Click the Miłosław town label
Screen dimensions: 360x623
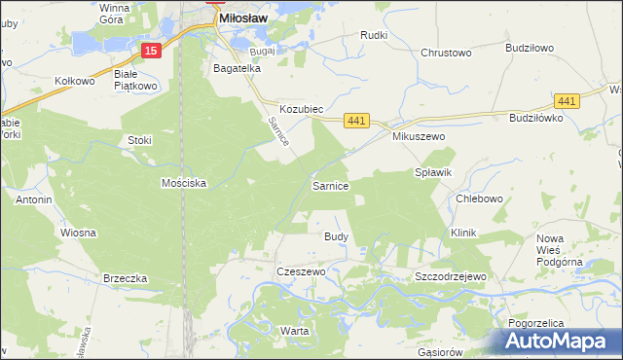pyautogui.click(x=244, y=18)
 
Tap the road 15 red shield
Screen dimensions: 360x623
pyautogui.click(x=149, y=50)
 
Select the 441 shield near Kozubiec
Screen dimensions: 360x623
pyautogui.click(x=357, y=121)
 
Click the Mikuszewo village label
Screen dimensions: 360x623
pyautogui.click(x=419, y=137)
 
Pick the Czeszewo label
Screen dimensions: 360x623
pyautogui.click(x=300, y=272)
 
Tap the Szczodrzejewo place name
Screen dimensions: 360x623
pyautogui.click(x=450, y=277)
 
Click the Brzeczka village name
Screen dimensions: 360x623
pyautogui.click(x=125, y=278)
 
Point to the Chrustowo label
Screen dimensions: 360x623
pyautogui.click(x=446, y=54)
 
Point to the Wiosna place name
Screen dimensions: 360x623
pyautogui.click(x=78, y=234)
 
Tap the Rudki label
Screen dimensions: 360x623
pyautogui.click(x=374, y=35)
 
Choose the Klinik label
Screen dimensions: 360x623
pyautogui.click(x=463, y=234)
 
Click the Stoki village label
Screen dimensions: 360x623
pyautogui.click(x=140, y=140)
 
